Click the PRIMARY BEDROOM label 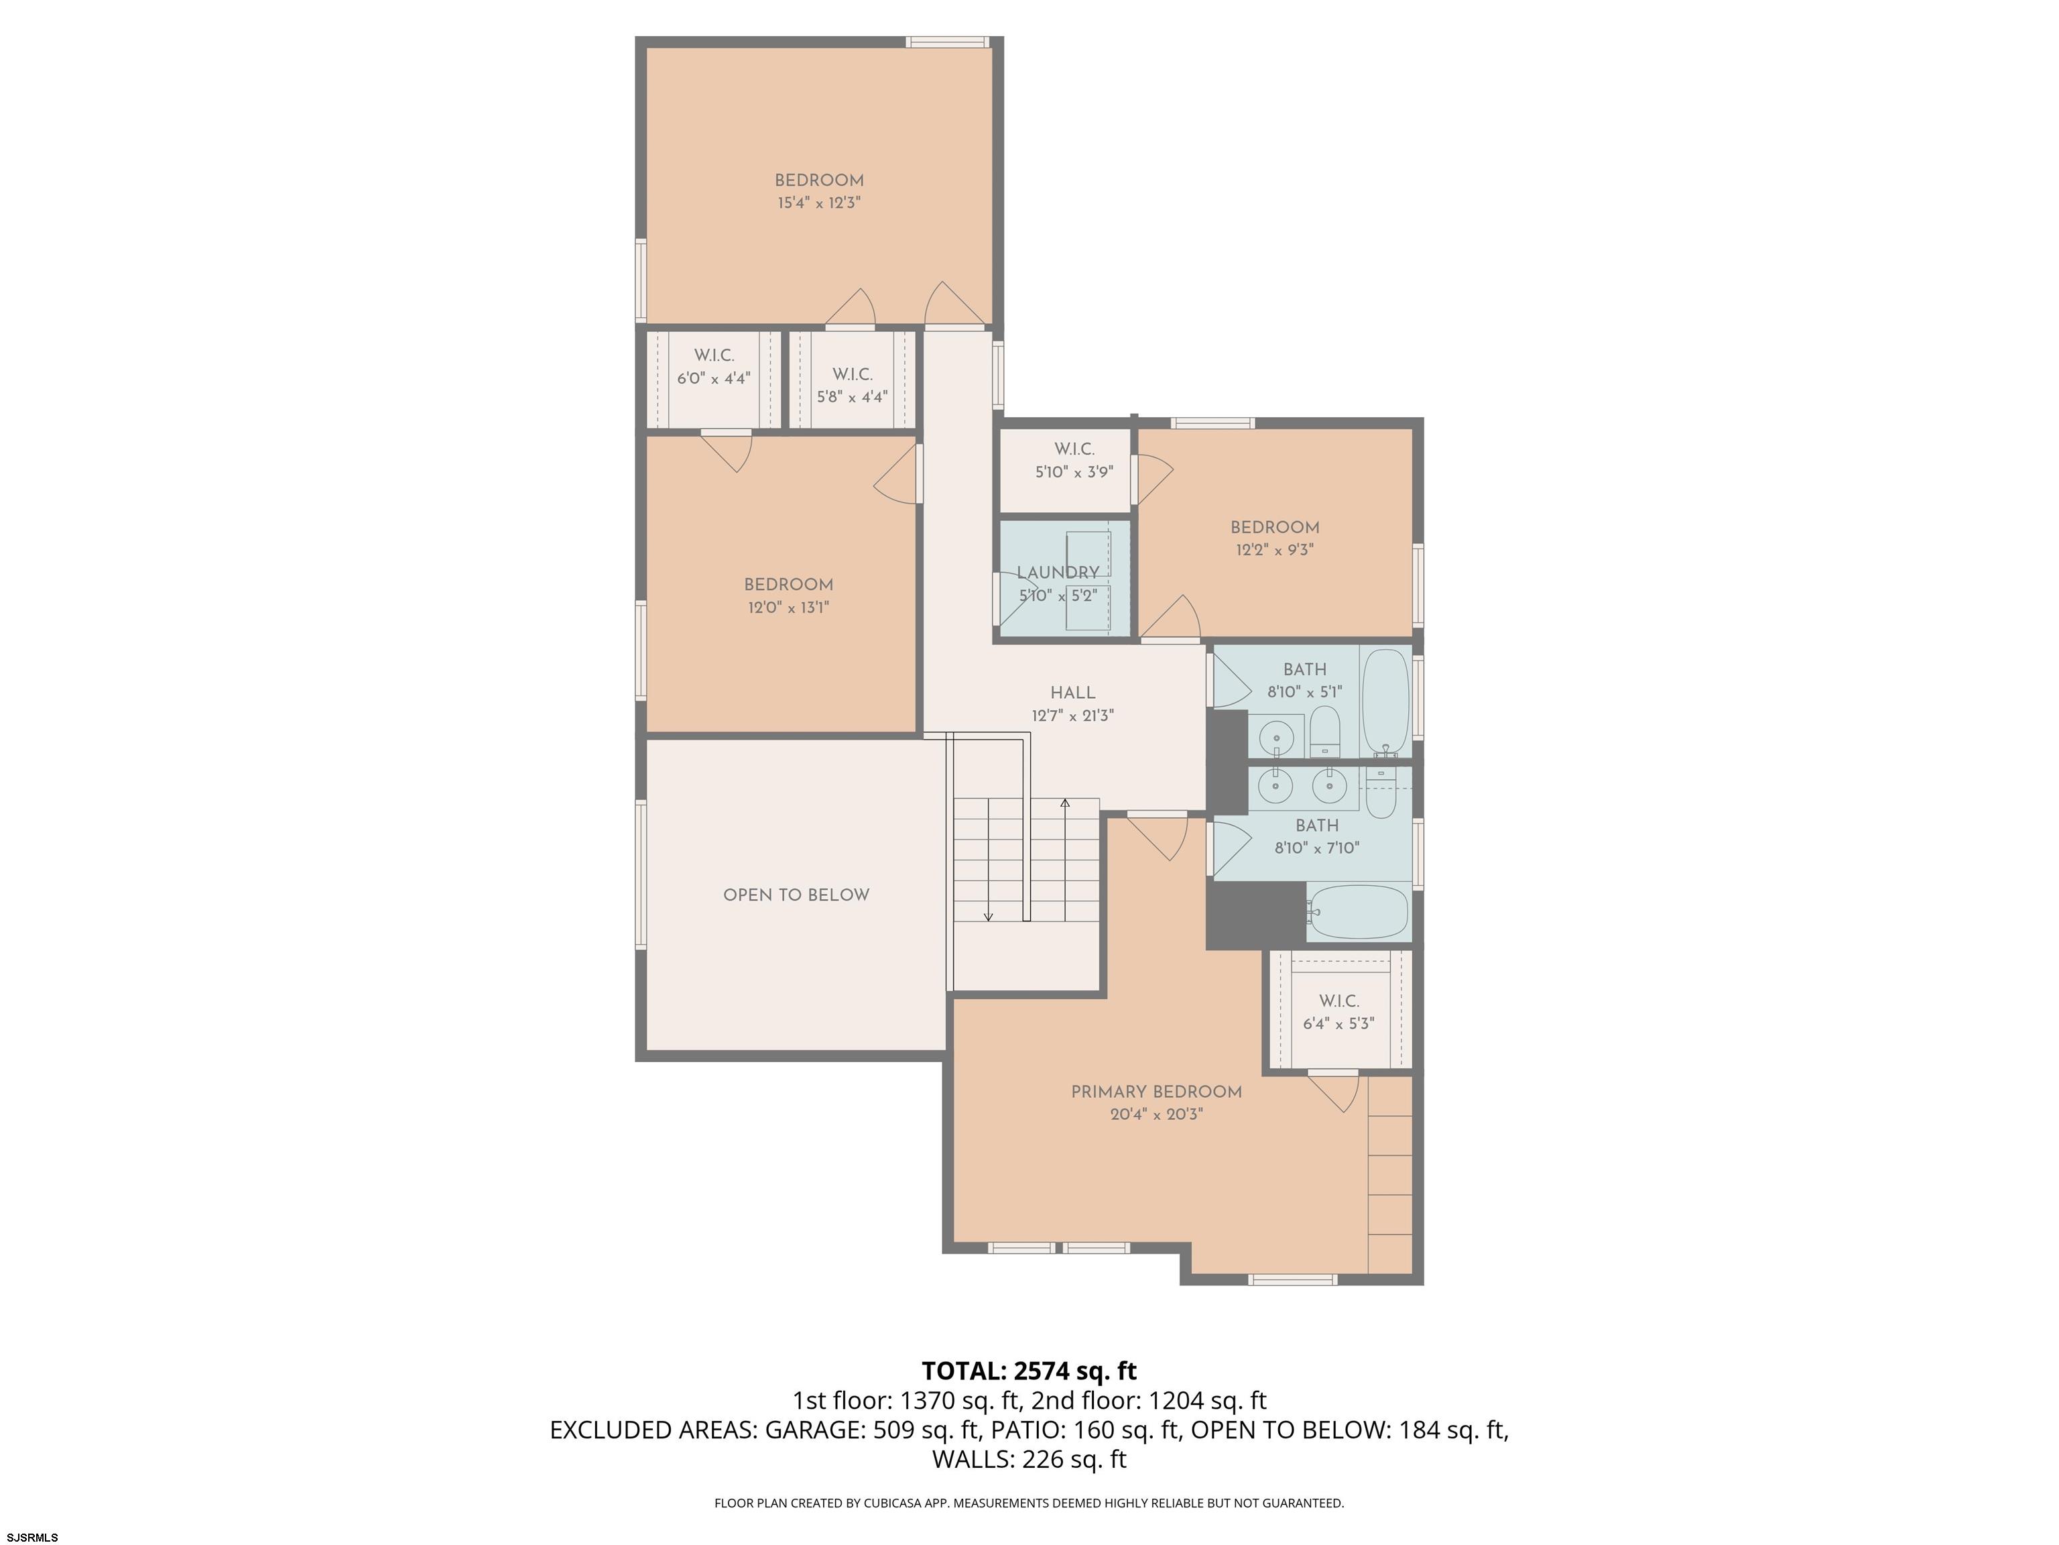[x=1156, y=1092]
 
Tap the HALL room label [x=1072, y=693]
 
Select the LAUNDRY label [x=1058, y=573]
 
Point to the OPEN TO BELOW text [x=796, y=895]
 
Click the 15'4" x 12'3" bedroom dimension [x=819, y=203]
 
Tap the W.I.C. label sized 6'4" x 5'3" [x=1338, y=1001]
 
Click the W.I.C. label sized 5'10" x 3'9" [x=1074, y=449]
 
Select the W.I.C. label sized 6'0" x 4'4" [x=714, y=356]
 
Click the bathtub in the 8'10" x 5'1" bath [x=1386, y=703]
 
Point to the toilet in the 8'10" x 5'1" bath [x=1324, y=732]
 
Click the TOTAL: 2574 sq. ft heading [x=1029, y=1371]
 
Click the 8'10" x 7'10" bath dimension [x=1317, y=848]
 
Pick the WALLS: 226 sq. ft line [x=1029, y=1459]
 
